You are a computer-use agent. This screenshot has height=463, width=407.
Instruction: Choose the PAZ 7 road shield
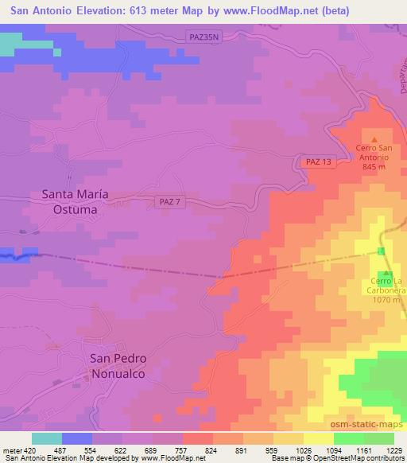pyautogui.click(x=168, y=203)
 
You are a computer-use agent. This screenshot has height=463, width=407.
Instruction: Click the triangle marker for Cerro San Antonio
pyautogui.click(x=376, y=138)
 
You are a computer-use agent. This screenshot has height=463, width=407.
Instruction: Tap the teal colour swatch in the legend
pyautogui.click(x=47, y=438)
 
